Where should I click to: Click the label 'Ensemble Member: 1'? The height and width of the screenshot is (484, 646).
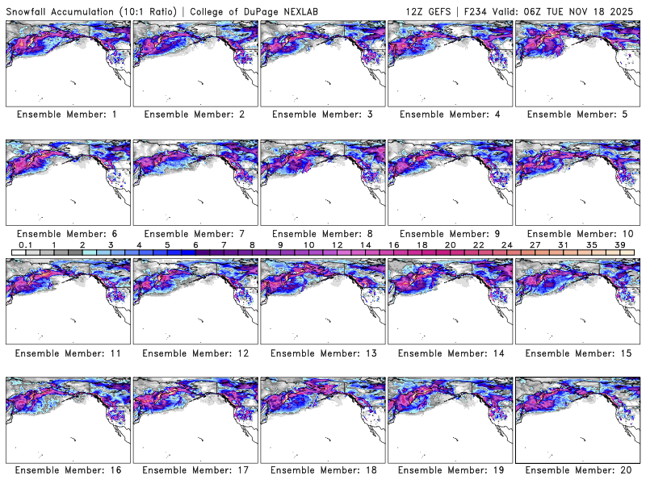[67, 115]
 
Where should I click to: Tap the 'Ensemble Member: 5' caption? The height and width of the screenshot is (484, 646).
[577, 115]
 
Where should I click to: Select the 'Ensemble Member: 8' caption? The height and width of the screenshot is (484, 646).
[321, 234]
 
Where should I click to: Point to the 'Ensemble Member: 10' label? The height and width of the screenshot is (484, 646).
[577, 234]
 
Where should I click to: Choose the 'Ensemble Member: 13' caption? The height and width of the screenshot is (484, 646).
[321, 353]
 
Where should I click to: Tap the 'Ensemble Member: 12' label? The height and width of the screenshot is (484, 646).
[195, 353]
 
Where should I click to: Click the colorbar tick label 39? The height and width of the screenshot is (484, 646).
[619, 244]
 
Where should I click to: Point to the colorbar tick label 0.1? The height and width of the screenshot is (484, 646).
[26, 244]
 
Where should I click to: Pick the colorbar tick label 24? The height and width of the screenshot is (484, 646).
[506, 244]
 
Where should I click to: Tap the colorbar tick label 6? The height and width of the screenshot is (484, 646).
[195, 244]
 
